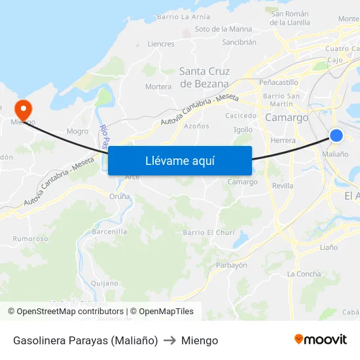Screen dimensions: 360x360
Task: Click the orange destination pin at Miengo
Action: click(22, 109)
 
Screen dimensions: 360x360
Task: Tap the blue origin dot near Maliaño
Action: click(336, 135)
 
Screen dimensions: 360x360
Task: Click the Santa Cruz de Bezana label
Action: click(204, 77)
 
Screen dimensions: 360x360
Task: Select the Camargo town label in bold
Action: click(287, 118)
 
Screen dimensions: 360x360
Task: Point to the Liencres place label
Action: click(161, 45)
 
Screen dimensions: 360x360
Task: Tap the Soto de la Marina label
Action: click(223, 29)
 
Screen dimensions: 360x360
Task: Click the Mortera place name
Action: click(158, 86)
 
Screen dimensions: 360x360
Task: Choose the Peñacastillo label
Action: click(279, 82)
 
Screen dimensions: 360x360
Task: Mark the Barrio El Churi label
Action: click(208, 232)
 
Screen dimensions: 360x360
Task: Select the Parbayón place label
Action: click(232, 265)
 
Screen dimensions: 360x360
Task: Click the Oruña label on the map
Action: click(120, 196)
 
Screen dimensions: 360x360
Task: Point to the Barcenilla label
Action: click(109, 231)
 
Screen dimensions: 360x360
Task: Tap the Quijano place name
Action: click(104, 283)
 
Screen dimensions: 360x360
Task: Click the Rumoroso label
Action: click(31, 239)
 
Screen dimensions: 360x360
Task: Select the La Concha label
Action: click(304, 274)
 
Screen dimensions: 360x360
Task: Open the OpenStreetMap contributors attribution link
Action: click(66, 312)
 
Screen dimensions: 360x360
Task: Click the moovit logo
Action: click(321, 339)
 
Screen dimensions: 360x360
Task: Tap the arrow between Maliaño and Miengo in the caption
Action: click(170, 340)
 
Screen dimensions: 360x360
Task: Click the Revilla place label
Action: click(283, 186)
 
